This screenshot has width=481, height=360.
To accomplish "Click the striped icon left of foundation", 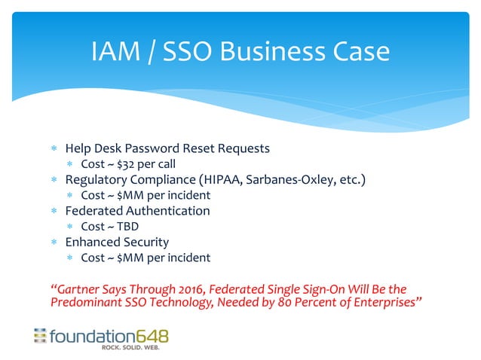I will [x=39, y=335].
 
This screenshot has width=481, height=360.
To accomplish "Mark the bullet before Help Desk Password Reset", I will [x=54, y=148].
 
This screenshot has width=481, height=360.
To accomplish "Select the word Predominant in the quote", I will [x=84, y=303].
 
